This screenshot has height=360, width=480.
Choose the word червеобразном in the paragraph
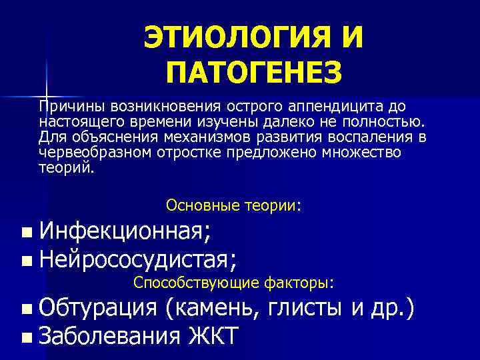(95, 153)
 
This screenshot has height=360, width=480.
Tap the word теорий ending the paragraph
(66, 168)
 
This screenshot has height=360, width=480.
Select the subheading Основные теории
(233, 205)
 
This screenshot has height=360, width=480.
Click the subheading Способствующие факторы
(233, 283)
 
